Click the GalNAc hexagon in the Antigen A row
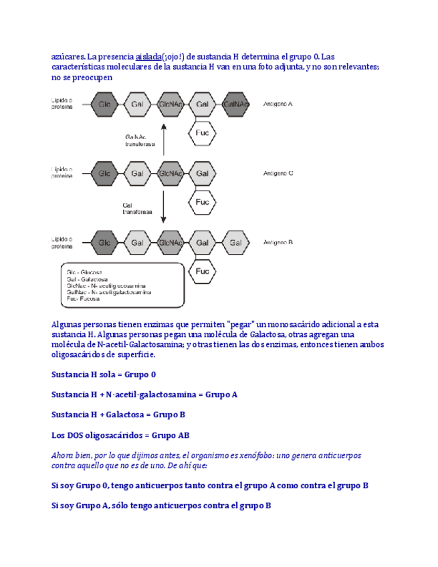pos(235,104)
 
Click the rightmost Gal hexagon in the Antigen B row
pos(235,243)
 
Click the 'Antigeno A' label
pos(278,104)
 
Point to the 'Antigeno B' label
pos(278,243)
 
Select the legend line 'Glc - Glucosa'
pos(89,272)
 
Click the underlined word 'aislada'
pos(148,56)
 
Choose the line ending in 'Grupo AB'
pos(120,435)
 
